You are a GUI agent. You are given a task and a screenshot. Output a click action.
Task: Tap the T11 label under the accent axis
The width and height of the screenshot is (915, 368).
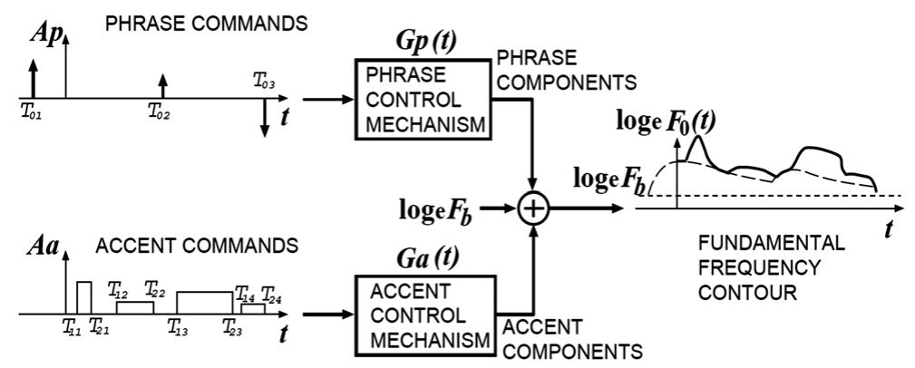[72, 328]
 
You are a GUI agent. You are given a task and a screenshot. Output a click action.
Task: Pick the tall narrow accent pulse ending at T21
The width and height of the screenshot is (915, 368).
[84, 297]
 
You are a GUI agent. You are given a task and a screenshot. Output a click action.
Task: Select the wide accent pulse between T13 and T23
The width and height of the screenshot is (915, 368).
[205, 302]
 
